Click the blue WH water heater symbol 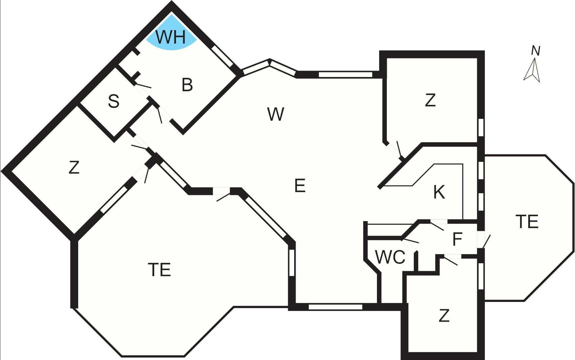tap(171, 33)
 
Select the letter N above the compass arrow tap(536, 51)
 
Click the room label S tap(114, 101)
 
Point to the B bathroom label tap(187, 85)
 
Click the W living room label tap(275, 114)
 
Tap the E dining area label tap(300, 186)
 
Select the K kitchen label tap(439, 192)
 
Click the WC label tap(390, 257)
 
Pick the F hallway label tap(457, 239)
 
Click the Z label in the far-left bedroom tap(74, 167)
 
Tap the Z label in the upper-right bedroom tap(430, 100)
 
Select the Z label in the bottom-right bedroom tap(444, 316)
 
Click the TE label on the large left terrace tap(159, 269)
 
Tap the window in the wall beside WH tap(222, 56)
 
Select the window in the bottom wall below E tap(335, 307)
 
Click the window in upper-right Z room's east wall tap(481, 127)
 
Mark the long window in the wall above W tap(345, 74)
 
